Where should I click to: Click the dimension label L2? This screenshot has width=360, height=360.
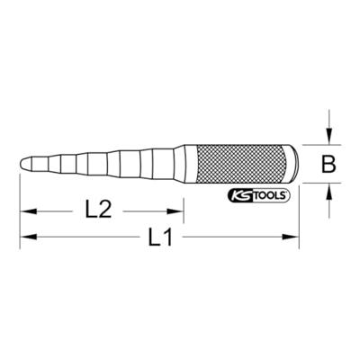(98, 210)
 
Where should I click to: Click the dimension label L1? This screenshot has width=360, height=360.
(160, 237)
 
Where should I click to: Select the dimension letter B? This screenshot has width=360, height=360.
(328, 164)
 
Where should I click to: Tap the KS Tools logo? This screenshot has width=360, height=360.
(259, 195)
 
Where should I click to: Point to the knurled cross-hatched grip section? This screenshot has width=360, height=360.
(240, 164)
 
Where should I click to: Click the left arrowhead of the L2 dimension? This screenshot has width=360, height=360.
(28, 211)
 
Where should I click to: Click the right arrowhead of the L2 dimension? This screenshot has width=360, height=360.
(175, 211)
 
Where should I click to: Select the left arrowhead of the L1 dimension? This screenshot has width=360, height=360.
(28, 237)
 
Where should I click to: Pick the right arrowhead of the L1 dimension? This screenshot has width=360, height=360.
(291, 237)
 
